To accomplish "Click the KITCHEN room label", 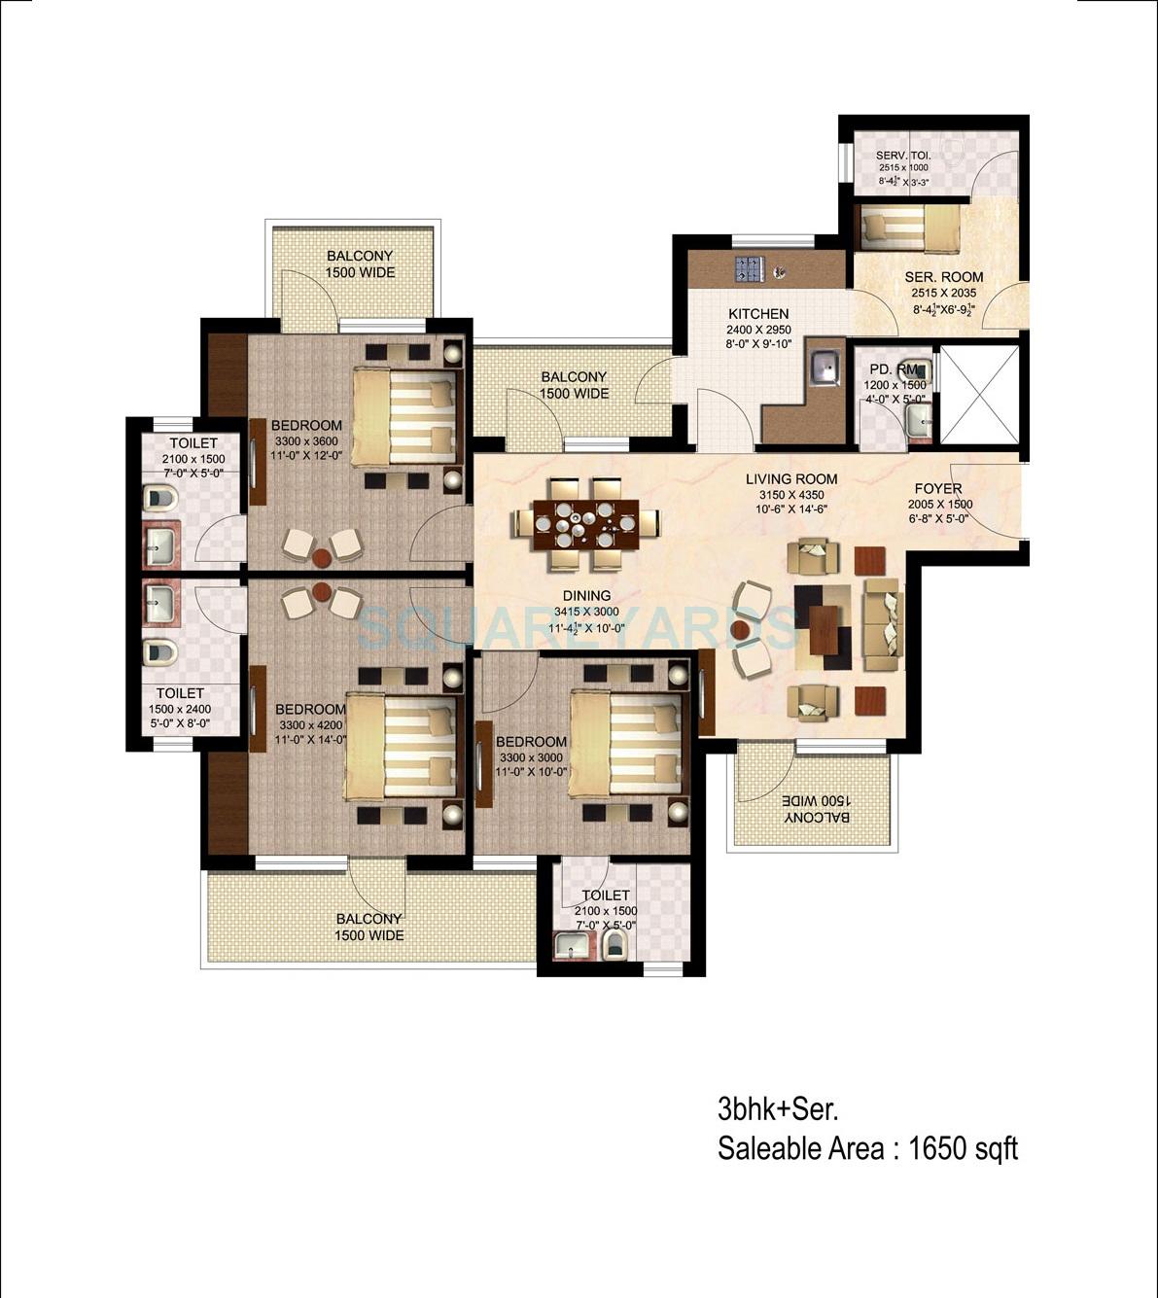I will pyautogui.click(x=758, y=314).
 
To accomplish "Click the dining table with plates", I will pyautogui.click(x=576, y=523).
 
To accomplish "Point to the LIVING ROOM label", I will pyautogui.click(x=791, y=479).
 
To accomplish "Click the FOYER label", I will pyautogui.click(x=938, y=489).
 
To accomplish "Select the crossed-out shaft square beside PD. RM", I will pyautogui.click(x=979, y=394).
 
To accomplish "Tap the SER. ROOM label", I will pyautogui.click(x=943, y=277).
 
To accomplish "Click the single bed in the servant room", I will pyautogui.click(x=909, y=228).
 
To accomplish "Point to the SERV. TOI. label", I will pyautogui.click(x=903, y=156).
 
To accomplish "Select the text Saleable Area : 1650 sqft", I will pyautogui.click(x=867, y=1148).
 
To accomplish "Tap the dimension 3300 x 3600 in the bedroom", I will pyautogui.click(x=307, y=440).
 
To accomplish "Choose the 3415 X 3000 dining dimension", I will pyautogui.click(x=586, y=612).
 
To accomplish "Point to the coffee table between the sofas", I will pyautogui.click(x=823, y=629).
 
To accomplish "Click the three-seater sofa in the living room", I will pyautogui.click(x=883, y=624).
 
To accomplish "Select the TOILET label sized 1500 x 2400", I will pyautogui.click(x=181, y=693).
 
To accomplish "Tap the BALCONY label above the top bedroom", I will pyautogui.click(x=360, y=256).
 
